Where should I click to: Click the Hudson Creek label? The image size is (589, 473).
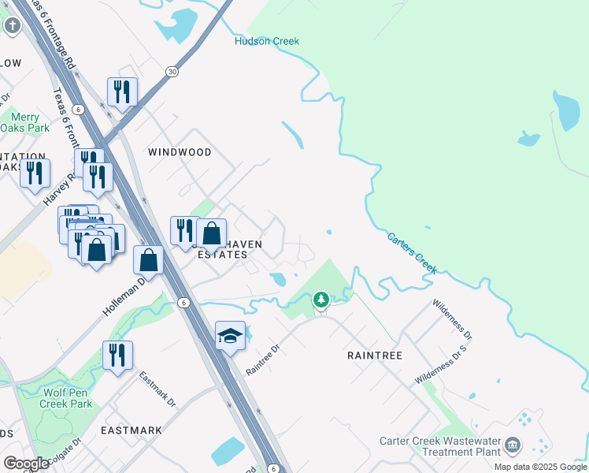coord(267,41)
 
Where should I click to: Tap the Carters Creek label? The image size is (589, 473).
coord(412,253)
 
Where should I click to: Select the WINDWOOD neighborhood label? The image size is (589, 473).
coord(180,151)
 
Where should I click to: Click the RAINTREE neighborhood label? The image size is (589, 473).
coord(375,356)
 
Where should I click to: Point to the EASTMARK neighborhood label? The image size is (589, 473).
coord(132,430)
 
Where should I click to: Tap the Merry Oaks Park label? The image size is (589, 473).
coord(24,122)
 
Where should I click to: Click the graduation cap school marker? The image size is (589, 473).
coord(230,336)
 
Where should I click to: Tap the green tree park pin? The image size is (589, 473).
coord(320,300)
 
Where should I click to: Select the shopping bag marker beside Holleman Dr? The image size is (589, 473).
coord(148,259)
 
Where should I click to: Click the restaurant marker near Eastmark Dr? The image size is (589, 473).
coord(117,355)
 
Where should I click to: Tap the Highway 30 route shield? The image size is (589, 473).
coord(172,72)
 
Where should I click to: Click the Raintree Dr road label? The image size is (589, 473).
coord(263,359)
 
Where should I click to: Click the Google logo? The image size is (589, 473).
coord(26,464)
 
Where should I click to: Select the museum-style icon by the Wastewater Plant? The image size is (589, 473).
coord(513,446)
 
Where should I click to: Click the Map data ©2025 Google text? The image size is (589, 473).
coord(539,467)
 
